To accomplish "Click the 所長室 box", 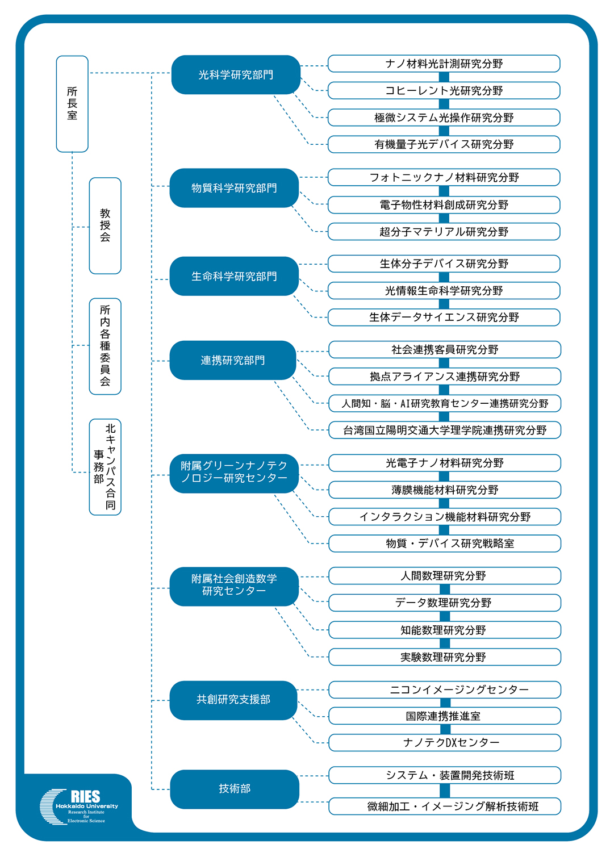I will pos(72,104).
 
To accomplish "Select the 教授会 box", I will pos(105,225).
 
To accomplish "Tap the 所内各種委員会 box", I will pos(105,346).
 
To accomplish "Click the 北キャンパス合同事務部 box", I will pos(105,467).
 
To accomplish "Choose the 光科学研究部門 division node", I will pos(236,74).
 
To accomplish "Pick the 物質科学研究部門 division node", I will pos(234,188).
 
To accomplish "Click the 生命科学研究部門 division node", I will pos(234,276).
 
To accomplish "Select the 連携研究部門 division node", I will pos(233,360).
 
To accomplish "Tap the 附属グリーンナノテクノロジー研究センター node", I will pos(234,473).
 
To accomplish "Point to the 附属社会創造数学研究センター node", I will pos(234,586).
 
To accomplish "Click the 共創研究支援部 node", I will pos(233,700).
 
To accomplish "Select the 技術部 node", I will pos(235,789).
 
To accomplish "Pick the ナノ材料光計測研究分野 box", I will pos(444,64).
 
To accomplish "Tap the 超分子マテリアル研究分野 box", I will pos(444,232).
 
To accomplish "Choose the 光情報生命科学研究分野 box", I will pos(444,291).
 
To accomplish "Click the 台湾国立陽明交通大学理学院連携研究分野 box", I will pos(445,430).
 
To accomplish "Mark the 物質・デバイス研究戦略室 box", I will pos(445,544).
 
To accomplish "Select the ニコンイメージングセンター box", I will pos(445,689).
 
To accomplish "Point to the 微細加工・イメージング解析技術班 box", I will pos(445,806).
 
